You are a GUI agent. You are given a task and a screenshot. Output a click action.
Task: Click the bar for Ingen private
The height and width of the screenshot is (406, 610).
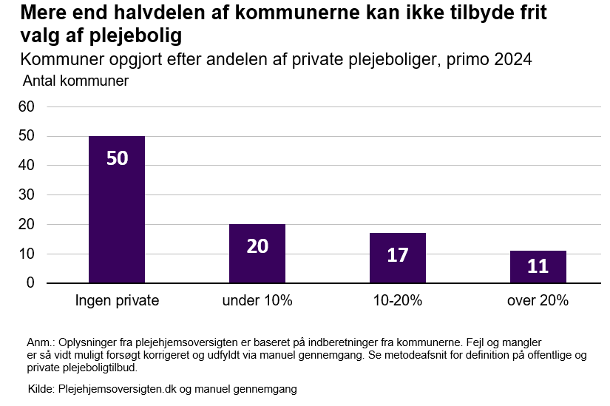(x=117, y=209)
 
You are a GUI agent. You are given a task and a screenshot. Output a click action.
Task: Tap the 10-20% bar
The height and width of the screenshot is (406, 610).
(x=398, y=258)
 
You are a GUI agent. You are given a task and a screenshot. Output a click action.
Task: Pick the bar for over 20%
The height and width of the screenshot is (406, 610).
(x=538, y=267)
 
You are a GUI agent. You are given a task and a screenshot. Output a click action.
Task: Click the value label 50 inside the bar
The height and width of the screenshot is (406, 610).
(x=117, y=158)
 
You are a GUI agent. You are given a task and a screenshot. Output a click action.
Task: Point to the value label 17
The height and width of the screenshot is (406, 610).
(x=398, y=255)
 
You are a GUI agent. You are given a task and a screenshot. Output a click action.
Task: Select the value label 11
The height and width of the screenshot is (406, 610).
(x=538, y=266)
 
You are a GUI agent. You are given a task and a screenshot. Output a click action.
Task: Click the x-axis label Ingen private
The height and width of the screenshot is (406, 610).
(x=117, y=301)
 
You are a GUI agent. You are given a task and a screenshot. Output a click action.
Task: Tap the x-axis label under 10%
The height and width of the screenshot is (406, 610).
(x=257, y=301)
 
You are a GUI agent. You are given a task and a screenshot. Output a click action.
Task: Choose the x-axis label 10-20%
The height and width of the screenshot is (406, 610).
(x=398, y=301)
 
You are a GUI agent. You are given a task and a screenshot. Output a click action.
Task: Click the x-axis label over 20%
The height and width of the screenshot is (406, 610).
(x=538, y=301)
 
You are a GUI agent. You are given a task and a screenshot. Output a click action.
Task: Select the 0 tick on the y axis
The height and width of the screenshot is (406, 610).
(x=30, y=283)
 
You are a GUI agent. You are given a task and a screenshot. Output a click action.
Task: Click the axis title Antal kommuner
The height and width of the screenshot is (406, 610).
(x=76, y=81)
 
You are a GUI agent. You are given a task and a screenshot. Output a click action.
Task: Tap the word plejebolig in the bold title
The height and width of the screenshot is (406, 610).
(x=143, y=35)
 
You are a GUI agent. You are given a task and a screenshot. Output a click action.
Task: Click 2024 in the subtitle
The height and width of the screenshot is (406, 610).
(x=512, y=59)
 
